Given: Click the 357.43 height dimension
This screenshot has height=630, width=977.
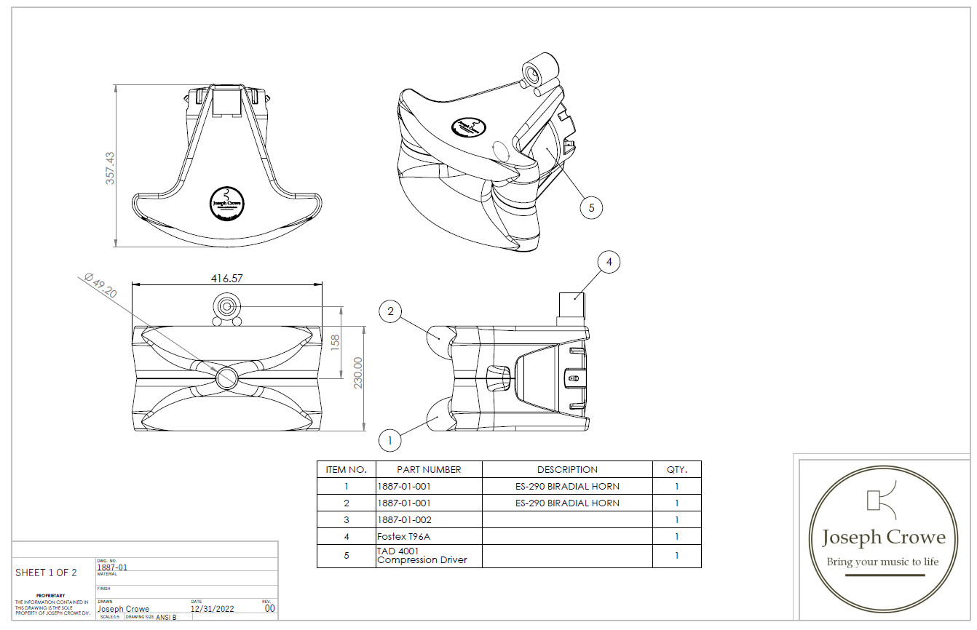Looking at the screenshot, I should click(110, 168).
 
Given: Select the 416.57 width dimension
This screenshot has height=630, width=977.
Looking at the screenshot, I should click(226, 278).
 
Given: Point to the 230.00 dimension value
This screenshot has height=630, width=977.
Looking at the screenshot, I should click(357, 372).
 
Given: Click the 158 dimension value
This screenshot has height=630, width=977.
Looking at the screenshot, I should click(336, 342).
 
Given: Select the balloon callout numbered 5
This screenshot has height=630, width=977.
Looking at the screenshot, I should click(591, 208).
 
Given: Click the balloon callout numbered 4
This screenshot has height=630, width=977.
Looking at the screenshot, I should click(609, 261).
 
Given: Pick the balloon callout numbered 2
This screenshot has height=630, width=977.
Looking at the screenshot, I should click(390, 312).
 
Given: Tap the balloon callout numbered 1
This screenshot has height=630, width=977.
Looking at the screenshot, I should click(390, 439).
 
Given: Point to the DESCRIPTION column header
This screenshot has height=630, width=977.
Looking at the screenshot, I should click(567, 469).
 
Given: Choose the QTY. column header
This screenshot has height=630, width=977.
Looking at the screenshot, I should click(676, 469).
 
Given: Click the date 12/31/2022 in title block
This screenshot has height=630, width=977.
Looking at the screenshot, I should click(213, 609).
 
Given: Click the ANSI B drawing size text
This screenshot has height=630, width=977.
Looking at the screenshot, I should click(166, 617).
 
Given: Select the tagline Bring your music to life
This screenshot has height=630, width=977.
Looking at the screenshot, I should click(882, 562).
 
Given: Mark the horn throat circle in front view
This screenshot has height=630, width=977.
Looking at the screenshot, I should click(226, 376).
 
